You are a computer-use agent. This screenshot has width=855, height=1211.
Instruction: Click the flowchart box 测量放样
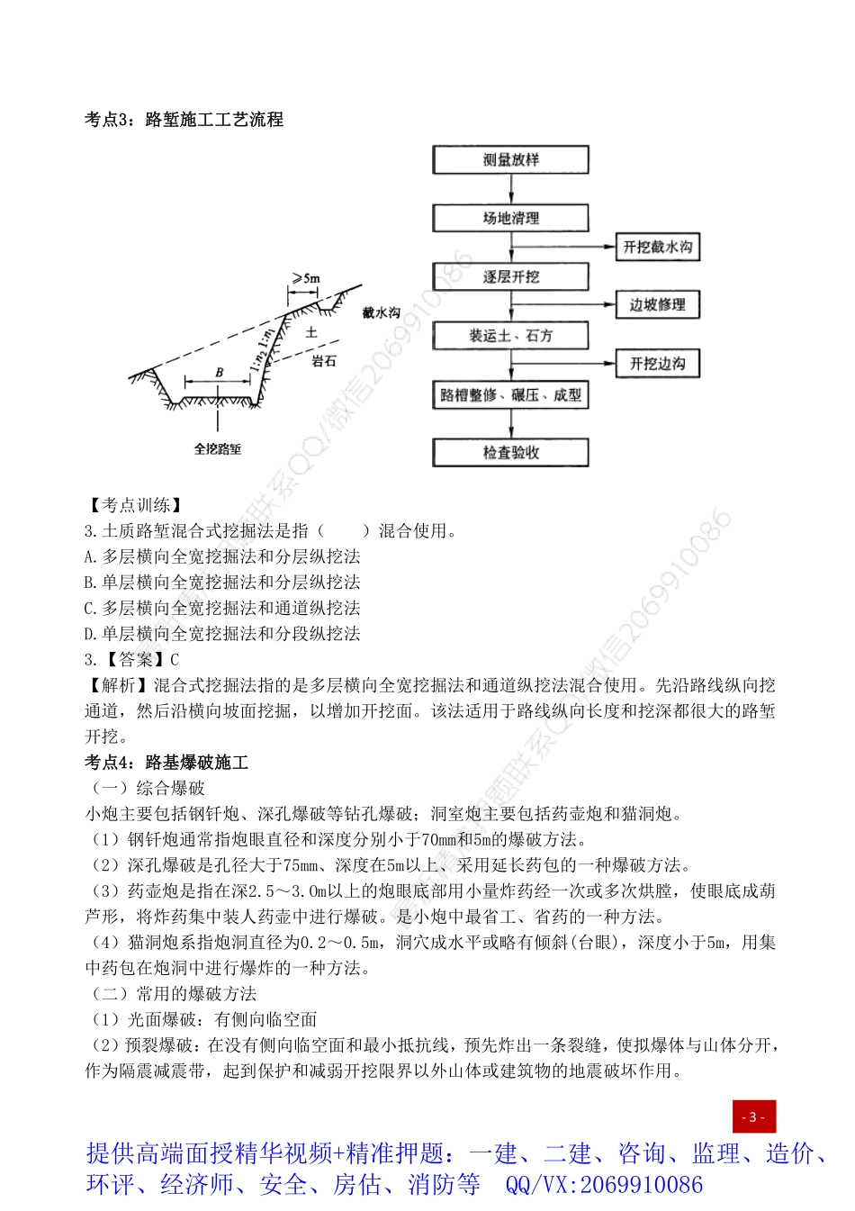(x=510, y=160)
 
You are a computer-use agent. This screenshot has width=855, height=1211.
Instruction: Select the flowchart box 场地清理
(x=510, y=218)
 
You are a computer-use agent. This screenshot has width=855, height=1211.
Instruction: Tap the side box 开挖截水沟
(x=657, y=247)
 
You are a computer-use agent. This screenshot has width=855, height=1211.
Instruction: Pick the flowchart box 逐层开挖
(x=510, y=276)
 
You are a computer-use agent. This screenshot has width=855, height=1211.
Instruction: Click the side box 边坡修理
(x=657, y=304)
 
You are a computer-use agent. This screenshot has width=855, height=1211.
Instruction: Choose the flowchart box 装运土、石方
(x=510, y=336)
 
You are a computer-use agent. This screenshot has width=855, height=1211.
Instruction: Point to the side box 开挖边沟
(x=657, y=364)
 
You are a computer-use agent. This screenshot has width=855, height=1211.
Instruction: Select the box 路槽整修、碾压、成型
(x=510, y=394)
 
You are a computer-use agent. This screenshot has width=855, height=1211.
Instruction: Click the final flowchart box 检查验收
(x=510, y=452)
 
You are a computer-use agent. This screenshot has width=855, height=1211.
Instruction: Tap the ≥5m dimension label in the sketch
(x=306, y=278)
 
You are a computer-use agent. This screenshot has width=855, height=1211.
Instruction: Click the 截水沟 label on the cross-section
(x=382, y=312)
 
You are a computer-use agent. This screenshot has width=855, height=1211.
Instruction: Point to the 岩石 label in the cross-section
(x=324, y=361)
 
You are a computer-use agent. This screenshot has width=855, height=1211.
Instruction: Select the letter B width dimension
(x=219, y=372)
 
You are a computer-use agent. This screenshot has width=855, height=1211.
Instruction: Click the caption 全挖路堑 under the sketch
(x=218, y=448)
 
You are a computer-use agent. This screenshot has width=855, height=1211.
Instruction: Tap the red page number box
(x=753, y=1116)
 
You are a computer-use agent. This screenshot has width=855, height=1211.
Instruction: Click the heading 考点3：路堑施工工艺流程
(x=184, y=120)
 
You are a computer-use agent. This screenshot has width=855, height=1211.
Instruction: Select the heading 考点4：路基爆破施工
(x=166, y=763)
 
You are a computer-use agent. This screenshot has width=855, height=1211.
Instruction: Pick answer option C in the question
(x=221, y=608)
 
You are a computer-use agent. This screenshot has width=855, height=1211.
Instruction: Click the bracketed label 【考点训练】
(x=136, y=505)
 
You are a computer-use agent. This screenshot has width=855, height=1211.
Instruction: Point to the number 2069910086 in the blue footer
(x=642, y=1184)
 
